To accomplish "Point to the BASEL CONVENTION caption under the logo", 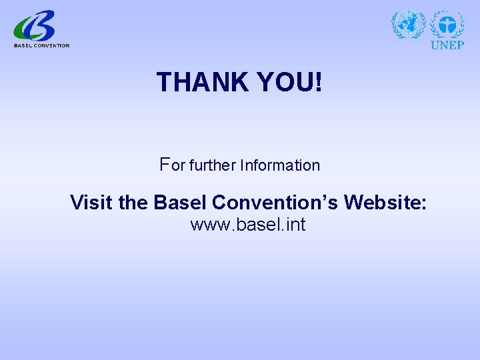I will (x=41, y=45).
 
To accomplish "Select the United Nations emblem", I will (x=408, y=25).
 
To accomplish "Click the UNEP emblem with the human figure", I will (x=447, y=24).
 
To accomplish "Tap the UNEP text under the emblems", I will (x=447, y=45).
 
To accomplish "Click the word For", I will (x=172, y=164).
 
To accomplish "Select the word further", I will (x=213, y=165).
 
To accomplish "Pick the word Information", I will (x=281, y=165).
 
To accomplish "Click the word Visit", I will (x=91, y=202).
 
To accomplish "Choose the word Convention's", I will (x=273, y=202).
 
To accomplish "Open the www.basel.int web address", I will (x=248, y=225).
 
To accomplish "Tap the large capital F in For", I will (x=165, y=163).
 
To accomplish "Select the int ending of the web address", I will (x=294, y=225).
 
